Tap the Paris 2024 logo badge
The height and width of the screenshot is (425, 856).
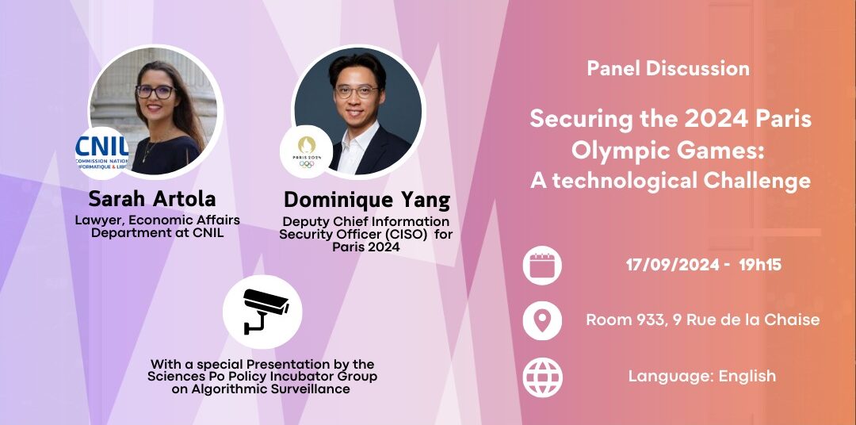[x=307, y=151]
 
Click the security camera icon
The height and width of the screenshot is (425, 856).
[x=262, y=310]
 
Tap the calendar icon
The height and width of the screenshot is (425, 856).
[x=542, y=265]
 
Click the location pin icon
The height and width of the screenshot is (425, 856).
[x=542, y=320]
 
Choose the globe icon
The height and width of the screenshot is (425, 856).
[x=542, y=377]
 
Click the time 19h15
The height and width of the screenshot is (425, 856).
[x=760, y=265]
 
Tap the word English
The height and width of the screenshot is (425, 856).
[x=747, y=377]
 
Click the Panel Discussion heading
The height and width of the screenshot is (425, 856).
[x=668, y=69]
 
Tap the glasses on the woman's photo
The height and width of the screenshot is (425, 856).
[x=155, y=91]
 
